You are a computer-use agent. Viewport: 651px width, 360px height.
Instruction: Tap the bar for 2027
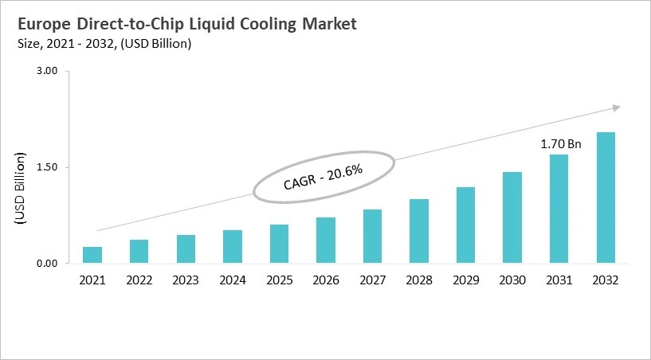pos(372,237)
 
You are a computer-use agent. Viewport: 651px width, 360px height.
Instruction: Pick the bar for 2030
pos(512,217)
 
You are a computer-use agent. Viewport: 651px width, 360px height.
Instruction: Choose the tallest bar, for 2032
pos(606,198)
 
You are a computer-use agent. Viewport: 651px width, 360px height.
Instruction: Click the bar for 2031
pos(559,209)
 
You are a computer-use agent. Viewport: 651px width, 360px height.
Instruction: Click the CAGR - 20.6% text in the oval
pos(324,176)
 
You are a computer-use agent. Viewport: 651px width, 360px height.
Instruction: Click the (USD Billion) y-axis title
pos(22,192)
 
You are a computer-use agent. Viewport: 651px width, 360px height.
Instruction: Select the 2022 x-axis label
pos(139,280)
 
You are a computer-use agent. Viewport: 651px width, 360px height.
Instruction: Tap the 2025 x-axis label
pos(279,280)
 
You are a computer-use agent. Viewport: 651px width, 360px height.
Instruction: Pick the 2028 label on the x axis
pos(419,280)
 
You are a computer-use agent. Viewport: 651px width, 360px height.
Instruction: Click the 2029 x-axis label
pos(465,280)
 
